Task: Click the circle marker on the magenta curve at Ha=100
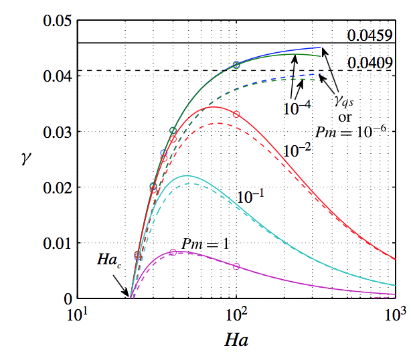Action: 236,266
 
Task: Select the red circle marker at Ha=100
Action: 236,114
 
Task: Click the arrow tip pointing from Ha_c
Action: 129,295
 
